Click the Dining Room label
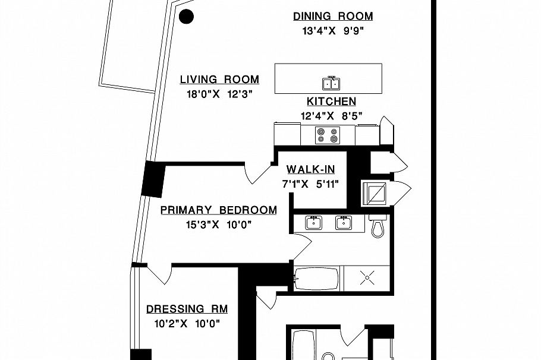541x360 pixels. [333, 16]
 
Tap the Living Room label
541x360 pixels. [219, 80]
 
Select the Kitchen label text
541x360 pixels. [331, 102]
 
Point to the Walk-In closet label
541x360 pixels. [310, 169]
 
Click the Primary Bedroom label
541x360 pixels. [219, 210]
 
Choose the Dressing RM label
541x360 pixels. [187, 309]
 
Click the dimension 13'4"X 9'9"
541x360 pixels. [333, 31]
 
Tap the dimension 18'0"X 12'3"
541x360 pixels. [220, 94]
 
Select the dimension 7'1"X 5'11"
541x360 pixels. [310, 184]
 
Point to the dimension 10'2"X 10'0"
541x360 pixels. [187, 323]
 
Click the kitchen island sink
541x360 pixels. [331, 83]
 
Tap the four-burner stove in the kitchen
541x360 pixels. [328, 135]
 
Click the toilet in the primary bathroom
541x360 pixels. [378, 226]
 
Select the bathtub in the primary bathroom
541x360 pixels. [316, 279]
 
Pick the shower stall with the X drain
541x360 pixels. [367, 278]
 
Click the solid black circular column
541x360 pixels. [186, 16]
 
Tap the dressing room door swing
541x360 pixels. [159, 274]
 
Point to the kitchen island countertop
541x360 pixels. [328, 78]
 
